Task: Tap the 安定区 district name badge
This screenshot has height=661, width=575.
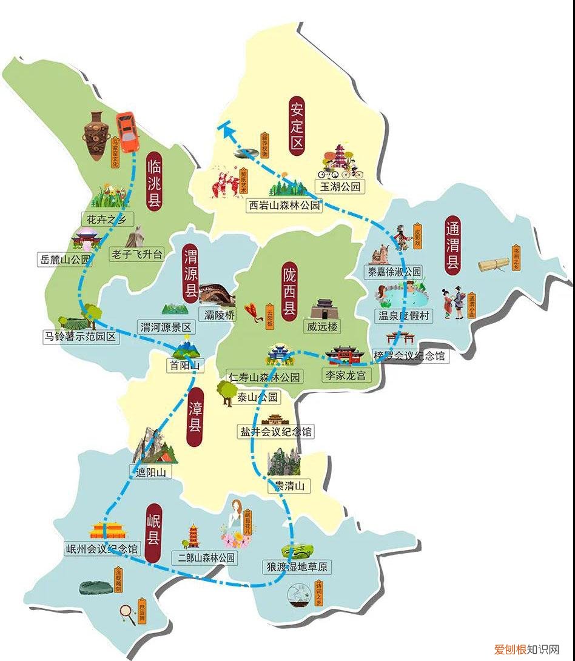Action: tap(297, 126)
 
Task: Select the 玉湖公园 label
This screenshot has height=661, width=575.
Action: tap(340, 187)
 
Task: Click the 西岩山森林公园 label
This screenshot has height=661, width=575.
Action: tap(284, 206)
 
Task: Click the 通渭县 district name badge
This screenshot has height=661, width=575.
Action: tap(452, 245)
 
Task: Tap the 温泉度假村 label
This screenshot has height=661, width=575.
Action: tap(404, 315)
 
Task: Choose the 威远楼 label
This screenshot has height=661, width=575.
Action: tap(322, 327)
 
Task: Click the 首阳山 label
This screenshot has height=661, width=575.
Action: tap(186, 366)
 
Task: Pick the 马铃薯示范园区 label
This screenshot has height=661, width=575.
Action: tap(79, 337)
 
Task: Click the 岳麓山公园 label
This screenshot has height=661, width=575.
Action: tap(64, 260)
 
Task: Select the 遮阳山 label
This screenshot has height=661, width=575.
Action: tap(150, 471)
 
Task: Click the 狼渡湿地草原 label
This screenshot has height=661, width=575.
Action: tap(297, 567)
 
